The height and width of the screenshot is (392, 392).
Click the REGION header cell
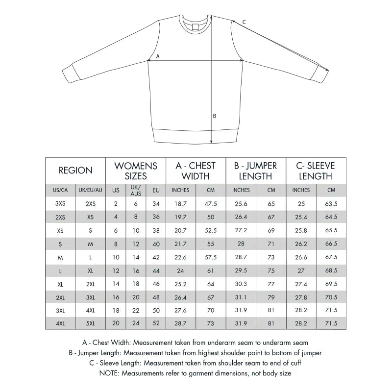click(75, 171)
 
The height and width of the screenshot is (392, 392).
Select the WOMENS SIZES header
click(136, 171)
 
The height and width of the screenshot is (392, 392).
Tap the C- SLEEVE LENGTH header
click(316, 171)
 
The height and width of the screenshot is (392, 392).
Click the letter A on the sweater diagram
click(157, 56)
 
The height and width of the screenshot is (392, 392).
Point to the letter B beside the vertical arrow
click(214, 116)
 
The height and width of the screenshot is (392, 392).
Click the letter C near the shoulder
click(244, 22)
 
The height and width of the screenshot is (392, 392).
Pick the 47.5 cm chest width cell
click(211, 204)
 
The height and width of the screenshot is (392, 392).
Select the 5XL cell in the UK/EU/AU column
click(91, 323)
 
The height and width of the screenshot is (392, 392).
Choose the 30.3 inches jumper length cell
click(241, 284)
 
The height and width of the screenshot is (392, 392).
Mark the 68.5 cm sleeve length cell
click(331, 270)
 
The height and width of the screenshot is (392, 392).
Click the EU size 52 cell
click(156, 323)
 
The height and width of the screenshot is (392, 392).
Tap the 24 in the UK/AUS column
click(136, 323)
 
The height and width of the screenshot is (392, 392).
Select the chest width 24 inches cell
click(181, 270)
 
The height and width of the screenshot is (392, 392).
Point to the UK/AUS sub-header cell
click(136, 190)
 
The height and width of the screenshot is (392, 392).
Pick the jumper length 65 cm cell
click(271, 204)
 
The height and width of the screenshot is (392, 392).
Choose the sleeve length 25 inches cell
click(301, 204)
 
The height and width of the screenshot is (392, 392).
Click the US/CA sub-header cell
click(60, 190)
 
